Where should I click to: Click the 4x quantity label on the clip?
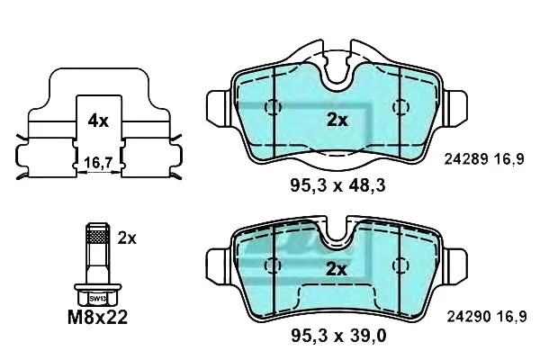(98, 121)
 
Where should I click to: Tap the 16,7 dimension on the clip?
(98, 163)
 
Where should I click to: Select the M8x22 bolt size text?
(97, 318)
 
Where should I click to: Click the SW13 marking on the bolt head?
(97, 299)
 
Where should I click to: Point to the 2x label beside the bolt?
(127, 238)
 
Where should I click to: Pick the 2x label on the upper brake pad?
(337, 120)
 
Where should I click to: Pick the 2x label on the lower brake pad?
(337, 269)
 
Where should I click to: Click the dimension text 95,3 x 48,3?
(337, 186)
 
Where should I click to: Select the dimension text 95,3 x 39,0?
(338, 336)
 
